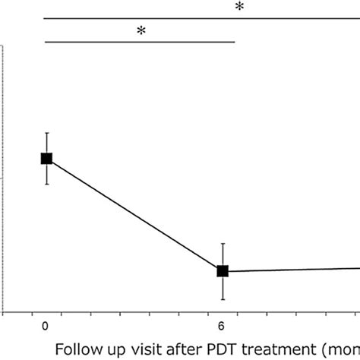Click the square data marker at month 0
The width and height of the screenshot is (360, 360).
(x=46, y=158)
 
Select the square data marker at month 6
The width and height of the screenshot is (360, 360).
(x=223, y=271)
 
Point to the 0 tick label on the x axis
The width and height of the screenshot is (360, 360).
(x=46, y=326)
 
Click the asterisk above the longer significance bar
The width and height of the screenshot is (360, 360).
(x=239, y=8)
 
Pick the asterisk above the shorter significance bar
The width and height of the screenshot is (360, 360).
(x=141, y=31)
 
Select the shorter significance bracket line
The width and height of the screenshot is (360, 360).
(x=141, y=42)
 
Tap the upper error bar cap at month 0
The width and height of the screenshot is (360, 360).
(x=46, y=133)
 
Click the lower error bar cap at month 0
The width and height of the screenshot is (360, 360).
(x=46, y=184)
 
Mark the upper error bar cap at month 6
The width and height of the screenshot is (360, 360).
(x=223, y=244)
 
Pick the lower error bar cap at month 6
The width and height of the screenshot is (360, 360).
(x=223, y=298)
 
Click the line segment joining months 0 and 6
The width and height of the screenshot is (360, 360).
(x=134, y=215)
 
